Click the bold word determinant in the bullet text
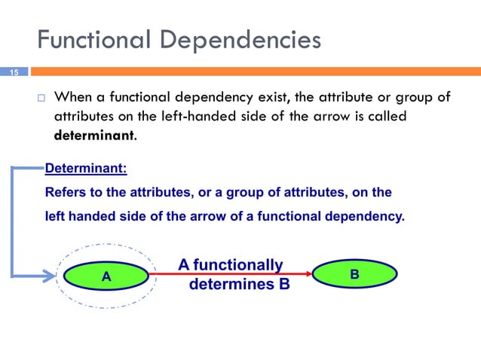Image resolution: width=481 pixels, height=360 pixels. click(94, 136)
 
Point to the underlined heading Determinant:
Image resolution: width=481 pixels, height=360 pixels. click(86, 169)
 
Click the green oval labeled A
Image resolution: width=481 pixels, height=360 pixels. click(106, 276)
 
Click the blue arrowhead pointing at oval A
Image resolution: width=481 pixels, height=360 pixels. click(53, 275)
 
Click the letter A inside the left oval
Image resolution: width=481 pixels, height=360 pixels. click(106, 276)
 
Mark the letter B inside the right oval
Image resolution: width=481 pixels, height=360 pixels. click(354, 275)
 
